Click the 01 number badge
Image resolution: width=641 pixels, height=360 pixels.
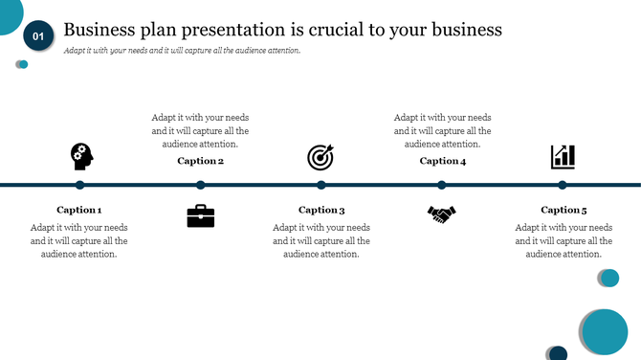[38, 36]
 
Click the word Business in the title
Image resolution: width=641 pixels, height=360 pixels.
[99, 30]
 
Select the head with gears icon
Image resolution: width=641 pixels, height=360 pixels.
[80, 156]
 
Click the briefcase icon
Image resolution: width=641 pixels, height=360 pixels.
[201, 215]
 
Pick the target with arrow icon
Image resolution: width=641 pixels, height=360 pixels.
[320, 157]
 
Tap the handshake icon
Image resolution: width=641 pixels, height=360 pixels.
[441, 214]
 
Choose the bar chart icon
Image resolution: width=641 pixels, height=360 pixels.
[563, 157]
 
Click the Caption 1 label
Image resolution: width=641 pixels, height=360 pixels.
[79, 210]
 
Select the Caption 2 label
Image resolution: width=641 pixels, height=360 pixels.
[200, 161]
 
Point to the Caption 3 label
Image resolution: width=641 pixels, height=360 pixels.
[321, 210]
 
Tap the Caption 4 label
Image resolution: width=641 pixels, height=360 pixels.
[443, 161]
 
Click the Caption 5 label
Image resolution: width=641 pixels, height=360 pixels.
[564, 210]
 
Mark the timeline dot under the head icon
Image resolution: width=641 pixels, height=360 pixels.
[80, 185]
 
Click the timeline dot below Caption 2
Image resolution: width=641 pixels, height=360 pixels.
[201, 185]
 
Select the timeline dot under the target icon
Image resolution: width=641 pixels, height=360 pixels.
[321, 185]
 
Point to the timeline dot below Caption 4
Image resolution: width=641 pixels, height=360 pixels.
[442, 185]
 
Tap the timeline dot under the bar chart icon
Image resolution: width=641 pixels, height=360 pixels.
[563, 185]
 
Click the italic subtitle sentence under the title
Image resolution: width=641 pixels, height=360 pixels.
[182, 51]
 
